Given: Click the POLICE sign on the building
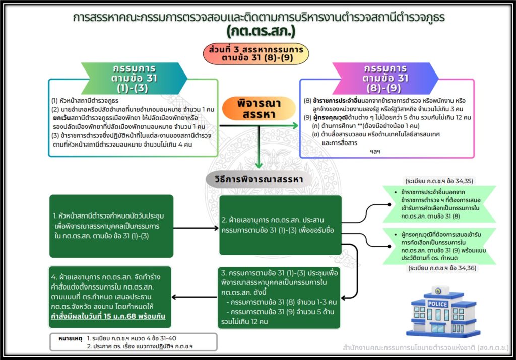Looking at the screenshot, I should pyautogui.click(x=437, y=304).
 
